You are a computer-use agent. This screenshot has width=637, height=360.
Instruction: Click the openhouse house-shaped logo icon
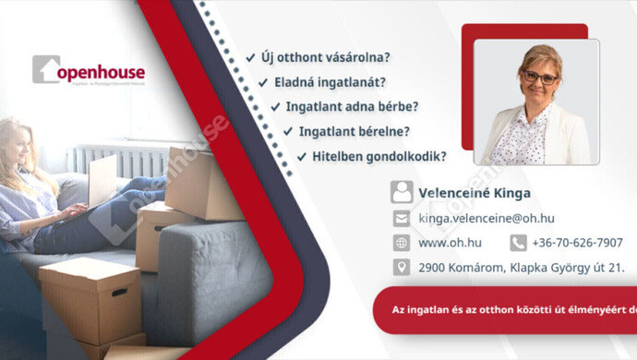coord(46,69)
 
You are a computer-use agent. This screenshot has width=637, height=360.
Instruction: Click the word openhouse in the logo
coord(102,72)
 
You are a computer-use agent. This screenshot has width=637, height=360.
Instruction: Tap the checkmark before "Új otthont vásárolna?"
coord(251,58)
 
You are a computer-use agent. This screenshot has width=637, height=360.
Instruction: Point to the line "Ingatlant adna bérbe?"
coord(352,107)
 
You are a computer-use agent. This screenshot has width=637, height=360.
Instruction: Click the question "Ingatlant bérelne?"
coord(355,132)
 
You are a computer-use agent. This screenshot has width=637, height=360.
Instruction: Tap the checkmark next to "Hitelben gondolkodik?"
coord(302,157)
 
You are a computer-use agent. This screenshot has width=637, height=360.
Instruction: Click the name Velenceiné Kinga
coord(475,193)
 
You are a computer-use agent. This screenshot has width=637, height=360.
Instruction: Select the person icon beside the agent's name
coord(402,192)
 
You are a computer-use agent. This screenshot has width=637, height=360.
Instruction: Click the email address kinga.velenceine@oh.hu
coord(486,219)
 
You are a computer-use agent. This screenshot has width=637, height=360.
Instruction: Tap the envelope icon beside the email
coord(402,219)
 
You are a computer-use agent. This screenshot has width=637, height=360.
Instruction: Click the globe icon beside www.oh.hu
coord(402,243)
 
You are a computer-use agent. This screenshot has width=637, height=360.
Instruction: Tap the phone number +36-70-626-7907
coord(577,243)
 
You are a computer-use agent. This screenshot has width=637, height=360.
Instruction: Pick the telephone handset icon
coord(518,243)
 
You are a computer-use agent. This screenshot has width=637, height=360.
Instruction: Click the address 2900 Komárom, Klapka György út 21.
coord(507,268)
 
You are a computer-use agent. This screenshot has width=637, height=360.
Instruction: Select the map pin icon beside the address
coord(402,268)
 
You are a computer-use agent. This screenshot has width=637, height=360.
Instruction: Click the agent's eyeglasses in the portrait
coord(539,78)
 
